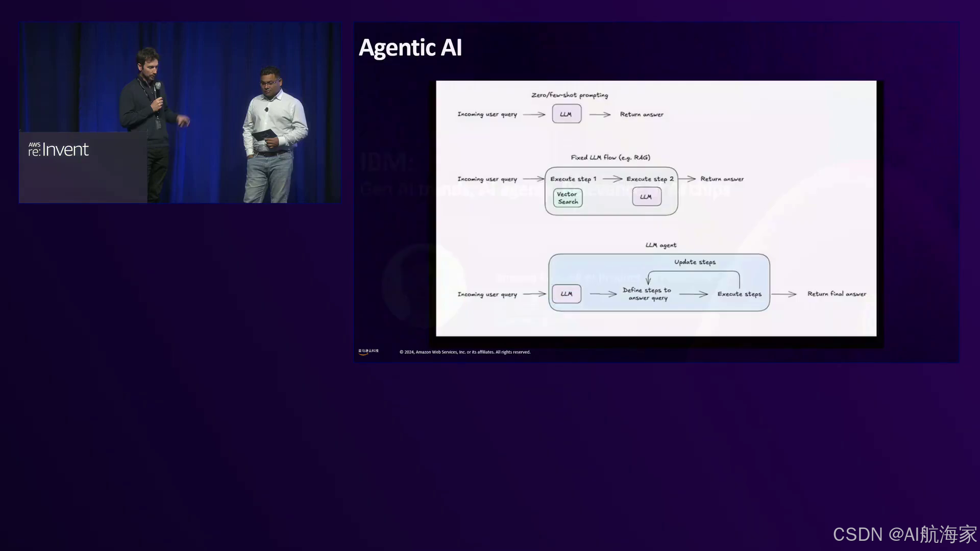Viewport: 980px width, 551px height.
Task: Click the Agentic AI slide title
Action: (410, 47)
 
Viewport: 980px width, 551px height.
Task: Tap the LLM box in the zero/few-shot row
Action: (566, 114)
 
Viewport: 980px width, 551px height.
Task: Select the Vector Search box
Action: (568, 198)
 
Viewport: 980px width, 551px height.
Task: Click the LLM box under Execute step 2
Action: (646, 197)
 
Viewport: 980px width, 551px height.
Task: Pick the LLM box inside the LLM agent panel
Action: (567, 294)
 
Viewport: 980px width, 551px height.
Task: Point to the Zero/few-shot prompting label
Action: (570, 95)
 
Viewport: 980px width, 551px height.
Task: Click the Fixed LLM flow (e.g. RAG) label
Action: (610, 158)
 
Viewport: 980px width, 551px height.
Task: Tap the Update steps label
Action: (695, 262)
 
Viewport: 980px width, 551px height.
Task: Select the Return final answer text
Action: (837, 294)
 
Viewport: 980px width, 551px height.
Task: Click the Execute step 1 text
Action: (573, 179)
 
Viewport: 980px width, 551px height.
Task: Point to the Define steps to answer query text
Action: (647, 294)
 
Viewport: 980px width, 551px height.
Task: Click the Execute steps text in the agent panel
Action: (739, 294)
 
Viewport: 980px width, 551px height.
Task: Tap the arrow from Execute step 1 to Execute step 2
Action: (612, 179)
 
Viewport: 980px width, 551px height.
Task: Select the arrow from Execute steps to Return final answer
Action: (784, 294)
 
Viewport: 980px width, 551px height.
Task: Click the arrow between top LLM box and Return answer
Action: (600, 115)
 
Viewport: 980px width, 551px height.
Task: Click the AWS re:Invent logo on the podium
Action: (58, 149)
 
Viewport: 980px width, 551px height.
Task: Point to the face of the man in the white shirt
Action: (269, 82)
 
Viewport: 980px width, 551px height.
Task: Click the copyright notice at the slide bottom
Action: (464, 352)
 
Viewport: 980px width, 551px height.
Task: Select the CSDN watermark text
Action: (904, 534)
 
